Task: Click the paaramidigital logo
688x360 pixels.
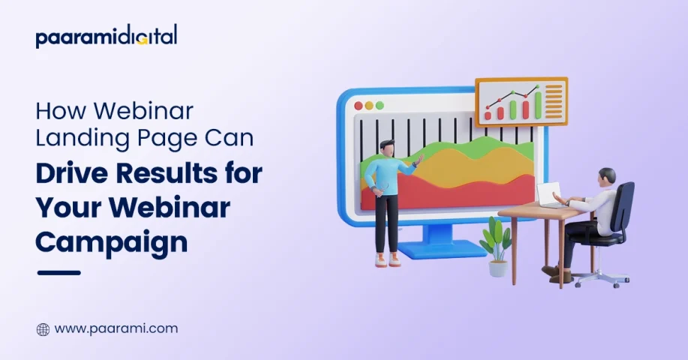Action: [107, 36]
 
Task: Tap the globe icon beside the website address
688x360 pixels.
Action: [43, 329]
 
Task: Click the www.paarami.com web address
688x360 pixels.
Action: [116, 328]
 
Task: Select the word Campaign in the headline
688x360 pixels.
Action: [112, 242]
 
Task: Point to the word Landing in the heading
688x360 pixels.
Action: [83, 139]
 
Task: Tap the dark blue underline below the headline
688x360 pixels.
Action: [59, 273]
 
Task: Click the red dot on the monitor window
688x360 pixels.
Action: [359, 106]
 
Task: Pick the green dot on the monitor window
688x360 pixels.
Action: [380, 106]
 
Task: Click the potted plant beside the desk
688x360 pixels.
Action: [496, 247]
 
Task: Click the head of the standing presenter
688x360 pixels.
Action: [386, 148]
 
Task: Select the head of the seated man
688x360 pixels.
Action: [606, 178]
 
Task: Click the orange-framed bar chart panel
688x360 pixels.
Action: [521, 102]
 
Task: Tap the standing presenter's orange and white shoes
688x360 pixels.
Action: [388, 260]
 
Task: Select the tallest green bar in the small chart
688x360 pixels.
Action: [539, 104]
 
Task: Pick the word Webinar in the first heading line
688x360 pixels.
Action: [143, 111]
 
